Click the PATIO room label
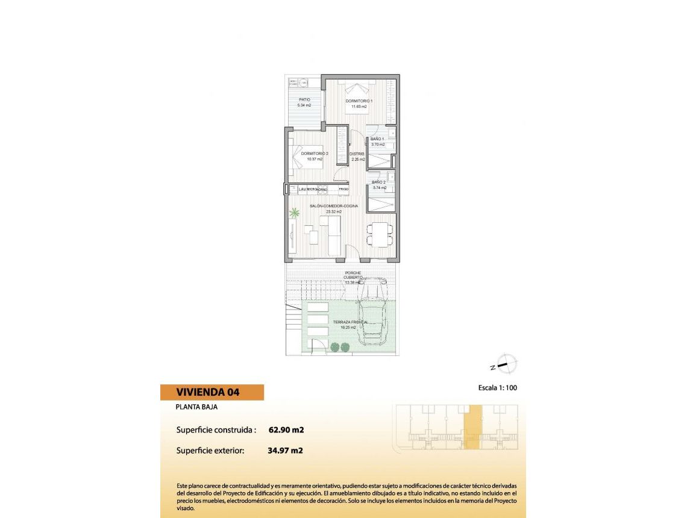pos(304,99)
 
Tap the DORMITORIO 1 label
pos(359,101)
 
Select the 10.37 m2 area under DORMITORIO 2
pos(315,160)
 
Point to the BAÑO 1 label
pos(378,139)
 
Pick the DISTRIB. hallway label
pos(357,154)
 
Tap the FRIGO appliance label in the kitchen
pos(343,190)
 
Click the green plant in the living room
pos(295,213)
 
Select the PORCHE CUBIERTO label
pos(353,275)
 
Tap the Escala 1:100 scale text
pos(493,388)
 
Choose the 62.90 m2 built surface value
pos(286,430)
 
